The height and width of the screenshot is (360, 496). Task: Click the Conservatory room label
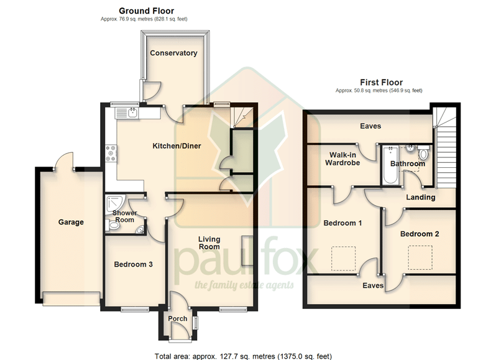coord(173,53)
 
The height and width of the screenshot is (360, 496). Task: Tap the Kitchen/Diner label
coord(177,146)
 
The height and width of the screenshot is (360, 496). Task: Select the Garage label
coord(71,222)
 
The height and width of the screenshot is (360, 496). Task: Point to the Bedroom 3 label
coord(133,264)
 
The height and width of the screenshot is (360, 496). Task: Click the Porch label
coord(178,318)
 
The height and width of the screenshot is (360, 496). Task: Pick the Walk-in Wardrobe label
coord(342,159)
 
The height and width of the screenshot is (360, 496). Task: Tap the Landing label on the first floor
coord(420,197)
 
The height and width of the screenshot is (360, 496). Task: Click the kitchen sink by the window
coord(127,113)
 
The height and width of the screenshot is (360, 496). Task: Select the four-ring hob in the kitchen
coord(111,153)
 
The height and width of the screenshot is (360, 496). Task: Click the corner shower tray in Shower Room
coord(115,204)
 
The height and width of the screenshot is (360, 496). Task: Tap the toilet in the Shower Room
coord(111,226)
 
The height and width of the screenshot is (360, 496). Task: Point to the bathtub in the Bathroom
coord(391,165)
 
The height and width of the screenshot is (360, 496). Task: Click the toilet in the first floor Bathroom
coord(423,152)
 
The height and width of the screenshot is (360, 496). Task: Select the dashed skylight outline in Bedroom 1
coord(344,259)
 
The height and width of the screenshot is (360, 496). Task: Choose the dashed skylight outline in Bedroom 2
coord(420,257)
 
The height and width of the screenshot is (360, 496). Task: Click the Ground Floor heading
coord(147,11)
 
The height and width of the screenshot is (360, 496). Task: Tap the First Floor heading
coord(381,83)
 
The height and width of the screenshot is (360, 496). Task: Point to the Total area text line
coord(243,356)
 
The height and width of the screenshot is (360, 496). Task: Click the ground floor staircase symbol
coord(242,117)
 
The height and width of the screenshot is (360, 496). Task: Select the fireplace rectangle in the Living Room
coord(247,251)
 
